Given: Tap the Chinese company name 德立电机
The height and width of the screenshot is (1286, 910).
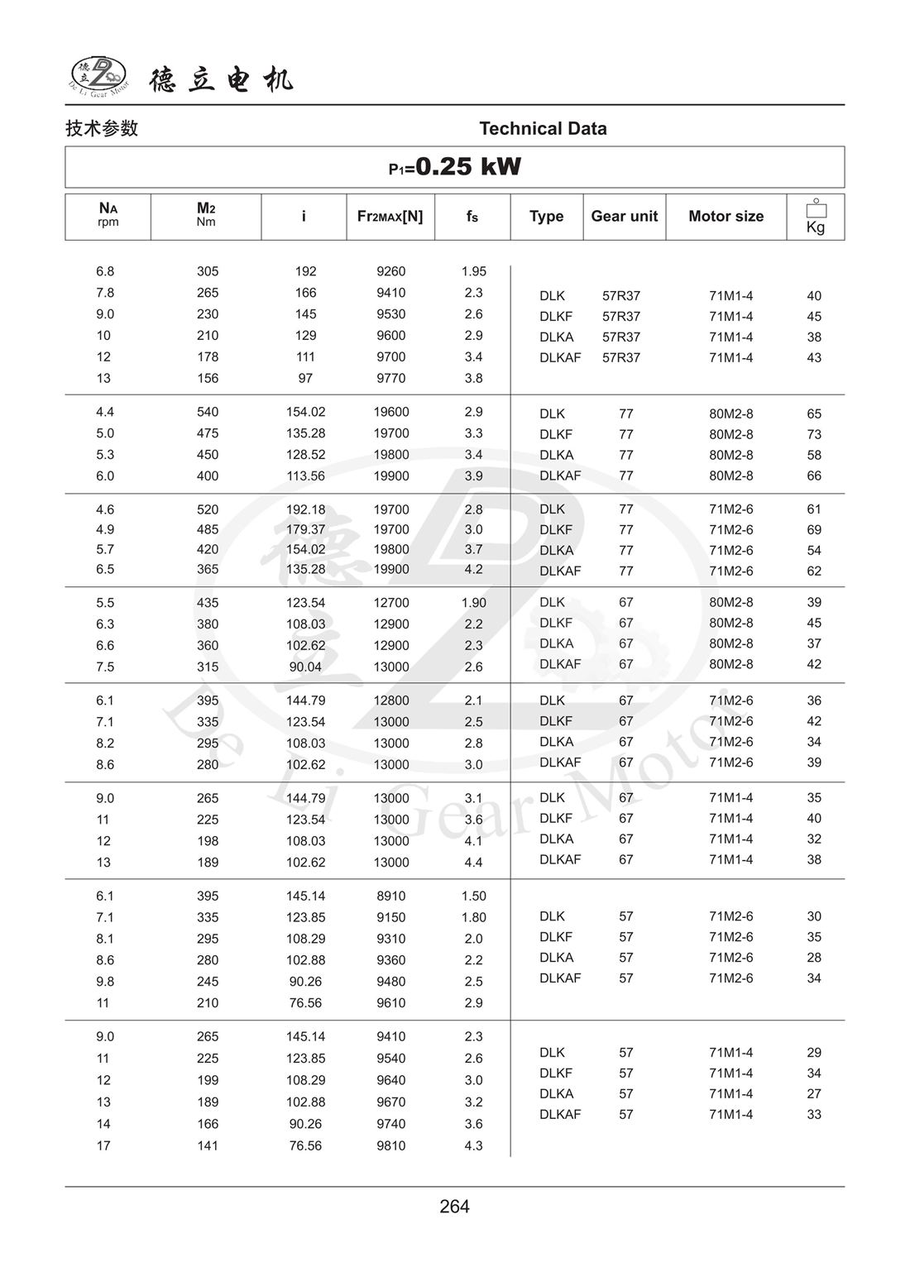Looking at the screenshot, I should point(221,79).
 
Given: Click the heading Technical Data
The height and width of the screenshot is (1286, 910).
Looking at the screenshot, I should point(543,128).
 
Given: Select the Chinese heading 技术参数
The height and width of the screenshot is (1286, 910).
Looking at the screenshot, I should point(102,128).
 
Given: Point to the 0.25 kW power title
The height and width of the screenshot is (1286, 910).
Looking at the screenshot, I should point(455,167).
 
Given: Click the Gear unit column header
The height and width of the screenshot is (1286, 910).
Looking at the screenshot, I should point(624,216).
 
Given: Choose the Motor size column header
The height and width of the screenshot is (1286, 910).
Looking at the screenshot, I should point(726,216).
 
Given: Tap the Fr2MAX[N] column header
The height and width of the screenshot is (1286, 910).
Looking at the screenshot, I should point(390,216).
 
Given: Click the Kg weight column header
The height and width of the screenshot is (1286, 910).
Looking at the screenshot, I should point(815,218).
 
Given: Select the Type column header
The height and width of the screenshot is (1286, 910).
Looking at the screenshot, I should point(546,216).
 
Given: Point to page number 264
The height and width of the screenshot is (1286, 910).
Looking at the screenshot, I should point(454,1207).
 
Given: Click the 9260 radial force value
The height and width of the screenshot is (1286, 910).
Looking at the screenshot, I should point(390,271).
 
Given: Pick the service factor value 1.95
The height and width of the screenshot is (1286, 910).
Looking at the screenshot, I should point(473,271).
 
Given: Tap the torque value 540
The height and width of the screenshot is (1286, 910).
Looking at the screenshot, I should point(208,412).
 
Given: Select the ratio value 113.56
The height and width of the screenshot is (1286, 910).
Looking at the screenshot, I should point(305,476).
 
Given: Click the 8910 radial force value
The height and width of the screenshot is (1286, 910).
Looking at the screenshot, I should point(390,896).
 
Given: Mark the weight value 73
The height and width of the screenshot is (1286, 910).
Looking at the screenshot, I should point(814,434).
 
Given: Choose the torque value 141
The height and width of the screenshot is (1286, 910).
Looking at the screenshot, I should point(208,1145).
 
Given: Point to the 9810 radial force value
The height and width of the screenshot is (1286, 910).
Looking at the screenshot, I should point(390,1145).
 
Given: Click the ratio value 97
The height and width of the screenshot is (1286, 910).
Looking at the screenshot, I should point(305,378).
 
